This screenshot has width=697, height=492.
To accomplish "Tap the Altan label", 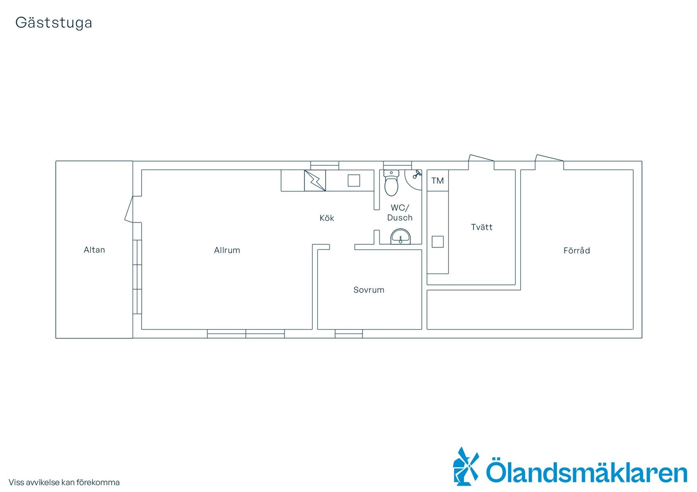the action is tap(94, 250).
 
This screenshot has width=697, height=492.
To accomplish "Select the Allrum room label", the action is tap(227, 250).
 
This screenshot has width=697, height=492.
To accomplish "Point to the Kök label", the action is tap(327, 218).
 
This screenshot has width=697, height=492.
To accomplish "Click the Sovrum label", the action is tap(369, 290).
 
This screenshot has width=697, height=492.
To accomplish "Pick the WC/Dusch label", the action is tap(400, 213).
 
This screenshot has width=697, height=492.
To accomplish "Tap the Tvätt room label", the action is tap(482, 227).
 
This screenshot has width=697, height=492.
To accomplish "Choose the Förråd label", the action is tap(576, 250).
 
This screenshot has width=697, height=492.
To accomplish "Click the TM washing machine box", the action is tap(437, 181).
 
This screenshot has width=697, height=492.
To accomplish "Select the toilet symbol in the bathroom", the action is tap(391, 183).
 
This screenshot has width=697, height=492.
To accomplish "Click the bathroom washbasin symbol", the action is tap(400, 237).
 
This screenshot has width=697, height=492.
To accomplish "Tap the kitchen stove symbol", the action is tap(315, 181).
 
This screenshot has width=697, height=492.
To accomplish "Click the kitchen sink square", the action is tap(354, 181).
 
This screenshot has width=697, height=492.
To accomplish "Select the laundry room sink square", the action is tap(438, 242).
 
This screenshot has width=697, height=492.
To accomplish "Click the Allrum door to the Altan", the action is tap(129, 209).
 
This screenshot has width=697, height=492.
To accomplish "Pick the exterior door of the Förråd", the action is tap(549, 158).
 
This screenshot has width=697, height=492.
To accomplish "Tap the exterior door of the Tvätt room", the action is tap(481, 158).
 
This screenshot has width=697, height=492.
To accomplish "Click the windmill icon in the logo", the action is tap(466, 466).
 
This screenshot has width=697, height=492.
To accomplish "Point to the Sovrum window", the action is tap(348, 334).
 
